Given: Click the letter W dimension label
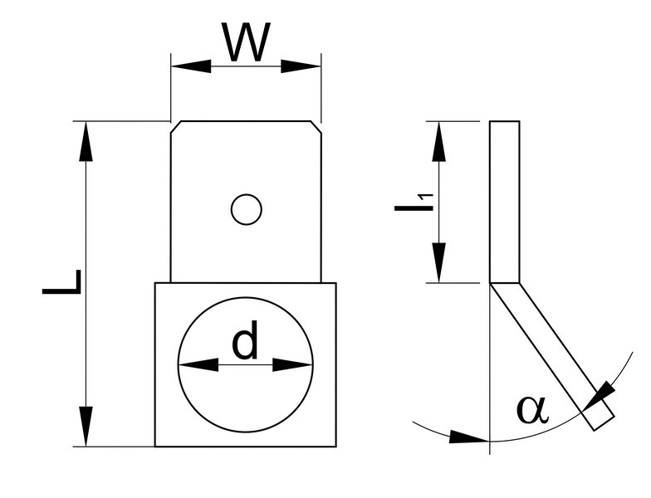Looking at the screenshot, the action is pyautogui.click(x=246, y=41).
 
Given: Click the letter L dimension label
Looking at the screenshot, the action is pyautogui.click(x=61, y=282).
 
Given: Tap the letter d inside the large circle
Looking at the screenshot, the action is pyautogui.click(x=245, y=339).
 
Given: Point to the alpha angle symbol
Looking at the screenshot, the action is pyautogui.click(x=532, y=410).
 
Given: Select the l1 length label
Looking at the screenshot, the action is pyautogui.click(x=414, y=203).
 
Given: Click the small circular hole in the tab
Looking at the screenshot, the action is pyautogui.click(x=246, y=209).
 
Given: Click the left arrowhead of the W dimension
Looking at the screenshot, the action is pyautogui.click(x=191, y=66).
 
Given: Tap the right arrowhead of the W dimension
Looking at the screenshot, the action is pyautogui.click(x=301, y=66).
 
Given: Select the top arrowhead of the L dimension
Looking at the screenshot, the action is pyautogui.click(x=86, y=141).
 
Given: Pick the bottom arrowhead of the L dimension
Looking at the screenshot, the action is pyautogui.click(x=86, y=427).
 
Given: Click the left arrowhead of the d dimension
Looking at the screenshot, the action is pyautogui.click(x=198, y=365).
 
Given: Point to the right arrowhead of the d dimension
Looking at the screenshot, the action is pyautogui.click(x=292, y=365).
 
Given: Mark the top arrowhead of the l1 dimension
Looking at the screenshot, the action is pyautogui.click(x=438, y=141).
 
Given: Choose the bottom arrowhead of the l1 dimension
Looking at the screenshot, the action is pyautogui.click(x=438, y=262).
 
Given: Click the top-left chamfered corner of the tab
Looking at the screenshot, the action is pyautogui.click(x=176, y=127).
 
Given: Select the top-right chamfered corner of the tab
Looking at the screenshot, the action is pyautogui.click(x=316, y=127).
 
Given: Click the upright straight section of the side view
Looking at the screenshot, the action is pyautogui.click(x=505, y=203).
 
